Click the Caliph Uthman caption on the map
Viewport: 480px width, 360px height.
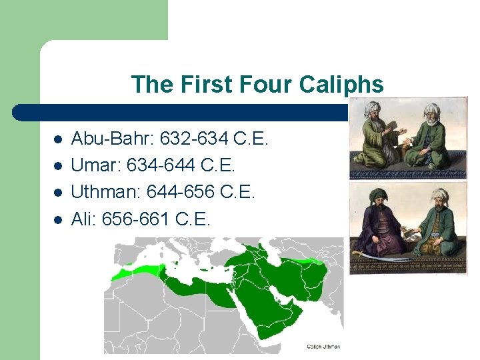[323, 346]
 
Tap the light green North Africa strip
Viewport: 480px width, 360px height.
[137, 271]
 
